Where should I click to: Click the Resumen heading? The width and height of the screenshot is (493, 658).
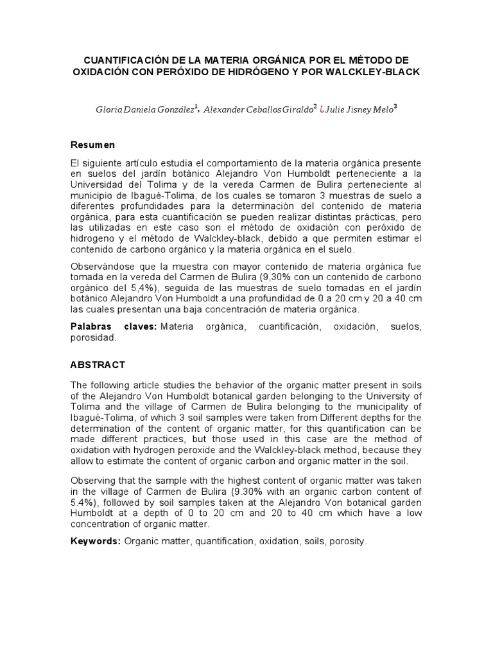[x=92, y=145]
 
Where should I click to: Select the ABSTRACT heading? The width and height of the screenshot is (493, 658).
[x=97, y=365]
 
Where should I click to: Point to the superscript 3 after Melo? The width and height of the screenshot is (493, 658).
[x=395, y=107]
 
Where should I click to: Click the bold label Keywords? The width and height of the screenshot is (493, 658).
[x=95, y=542]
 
